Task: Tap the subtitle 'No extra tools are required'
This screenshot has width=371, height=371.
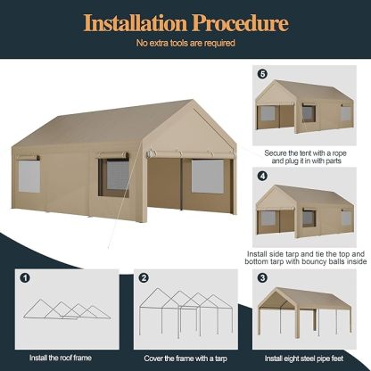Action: (185, 42)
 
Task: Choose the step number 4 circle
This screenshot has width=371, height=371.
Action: (262, 177)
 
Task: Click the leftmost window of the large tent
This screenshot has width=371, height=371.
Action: (27, 177)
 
